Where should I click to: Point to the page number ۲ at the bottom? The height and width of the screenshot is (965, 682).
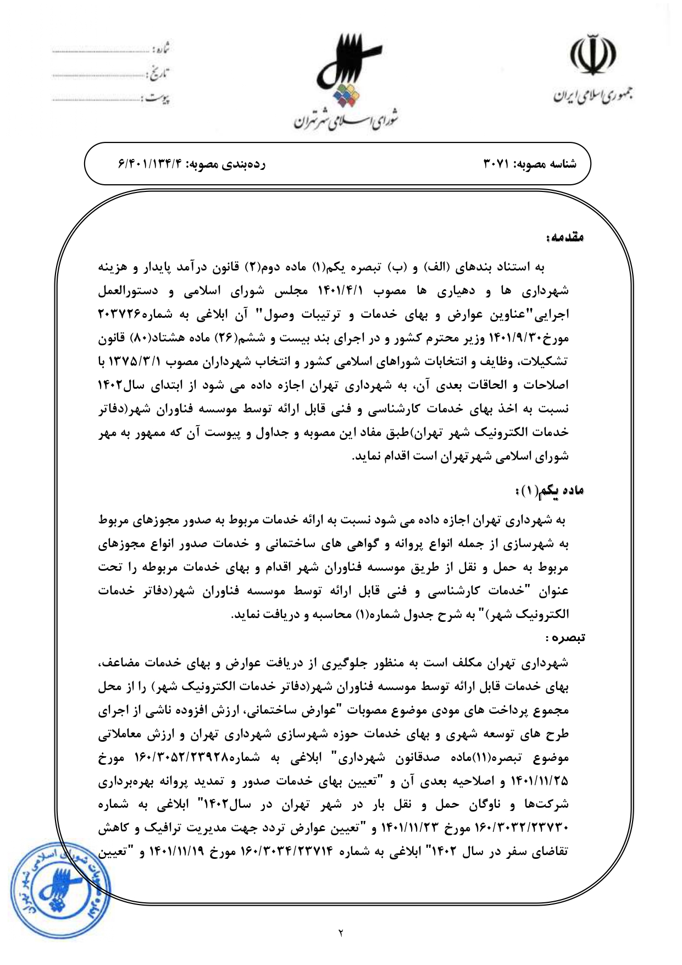(x=340, y=933)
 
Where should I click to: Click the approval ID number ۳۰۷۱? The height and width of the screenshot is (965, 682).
(x=498, y=164)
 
